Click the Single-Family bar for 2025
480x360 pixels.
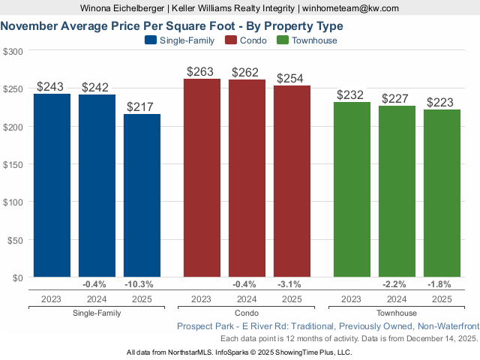click(x=142, y=196)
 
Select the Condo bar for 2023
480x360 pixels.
click(x=202, y=178)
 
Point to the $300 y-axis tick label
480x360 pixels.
click(x=13, y=51)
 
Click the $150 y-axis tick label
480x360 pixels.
click(x=13, y=164)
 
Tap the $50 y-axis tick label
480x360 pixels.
click(x=13, y=240)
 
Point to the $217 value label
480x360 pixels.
click(x=142, y=106)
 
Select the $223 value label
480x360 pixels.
click(x=442, y=102)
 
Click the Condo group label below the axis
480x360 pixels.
click(x=247, y=313)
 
